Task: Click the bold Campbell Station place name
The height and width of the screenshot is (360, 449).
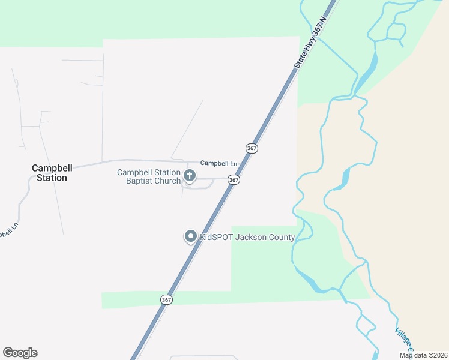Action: pyautogui.click(x=49, y=173)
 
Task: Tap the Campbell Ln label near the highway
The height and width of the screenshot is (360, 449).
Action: pyautogui.click(x=218, y=163)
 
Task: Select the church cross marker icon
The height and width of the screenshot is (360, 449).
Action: pyautogui.click(x=189, y=176)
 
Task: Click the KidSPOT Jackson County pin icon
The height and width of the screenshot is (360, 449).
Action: pyautogui.click(x=191, y=237)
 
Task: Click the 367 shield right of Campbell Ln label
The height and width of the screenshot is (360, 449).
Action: pyautogui.click(x=252, y=148)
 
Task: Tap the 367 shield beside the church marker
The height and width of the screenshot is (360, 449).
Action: pyautogui.click(x=234, y=180)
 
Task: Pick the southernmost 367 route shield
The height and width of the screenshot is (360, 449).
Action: pyautogui.click(x=166, y=299)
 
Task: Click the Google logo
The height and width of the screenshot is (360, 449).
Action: pyautogui.click(x=20, y=353)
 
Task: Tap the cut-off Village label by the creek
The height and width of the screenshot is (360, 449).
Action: pyautogui.click(x=403, y=339)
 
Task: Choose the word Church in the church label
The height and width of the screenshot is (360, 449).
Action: pyautogui.click(x=169, y=181)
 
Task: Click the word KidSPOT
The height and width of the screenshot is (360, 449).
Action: pyautogui.click(x=216, y=237)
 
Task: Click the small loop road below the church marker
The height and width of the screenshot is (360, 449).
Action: pyautogui.click(x=198, y=187)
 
